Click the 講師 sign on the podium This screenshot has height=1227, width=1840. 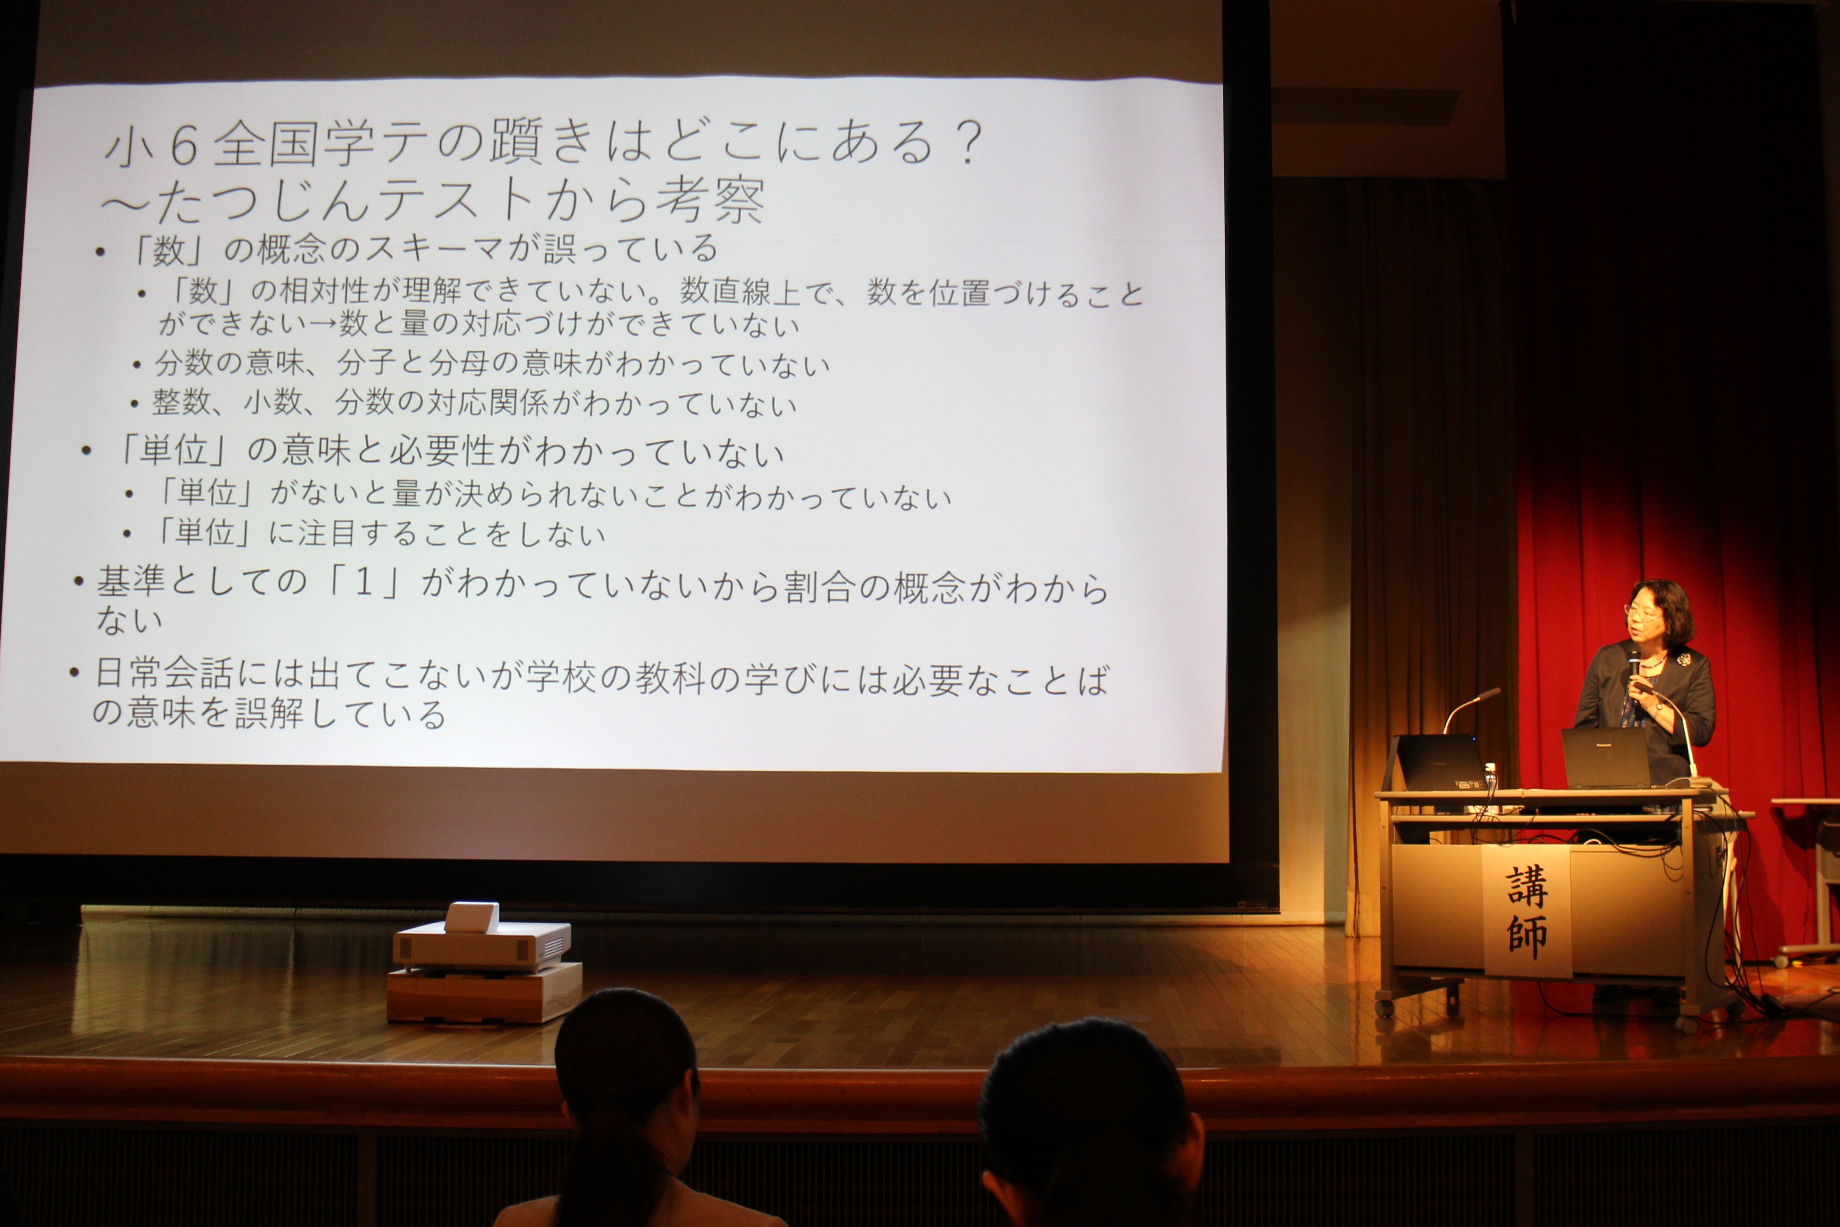1526,912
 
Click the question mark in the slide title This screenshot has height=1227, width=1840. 969,143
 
